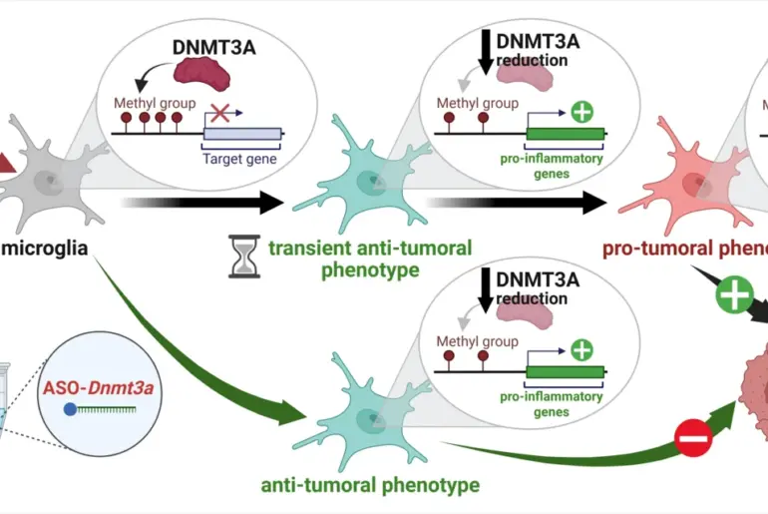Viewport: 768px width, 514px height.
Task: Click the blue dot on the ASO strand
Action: click(x=69, y=409)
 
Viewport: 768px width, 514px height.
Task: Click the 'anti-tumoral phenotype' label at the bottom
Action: click(x=370, y=486)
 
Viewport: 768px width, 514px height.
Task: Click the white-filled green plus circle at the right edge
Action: click(x=736, y=295)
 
